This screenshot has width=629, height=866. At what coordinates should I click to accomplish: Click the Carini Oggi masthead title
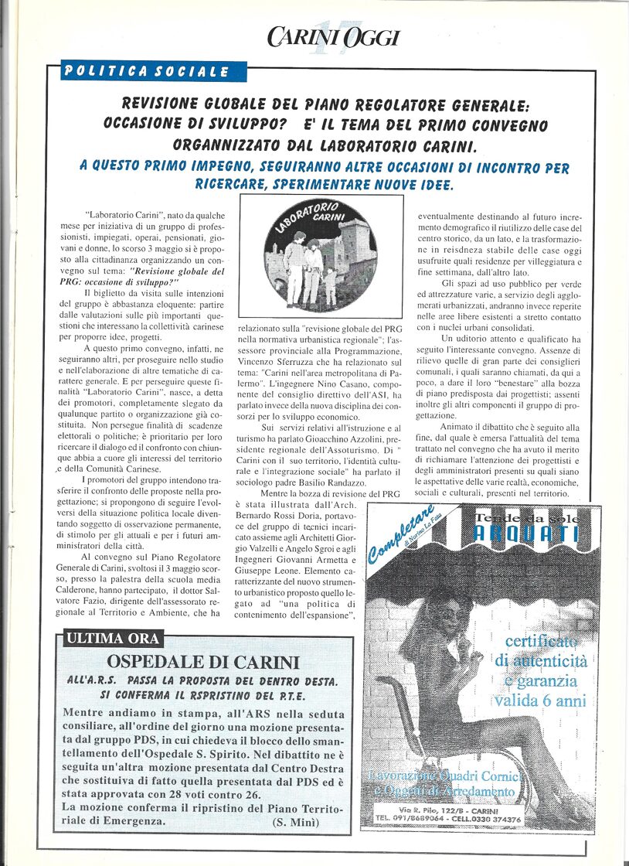tap(333, 36)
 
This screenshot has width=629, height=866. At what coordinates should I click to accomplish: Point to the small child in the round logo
tap(331, 285)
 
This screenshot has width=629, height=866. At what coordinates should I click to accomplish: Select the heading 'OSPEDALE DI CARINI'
tap(202, 663)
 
